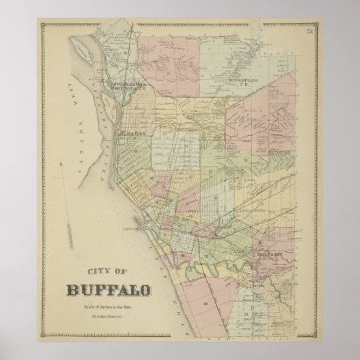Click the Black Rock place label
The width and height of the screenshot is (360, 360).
click(x=132, y=134)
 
